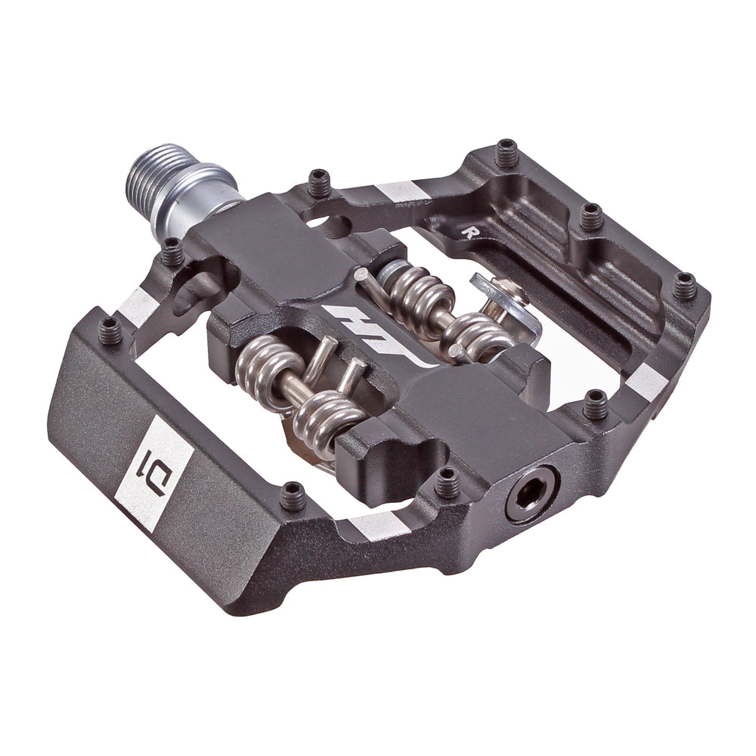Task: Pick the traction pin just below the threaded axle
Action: pos(173,251)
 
